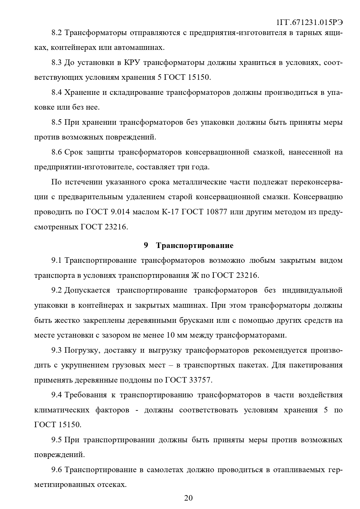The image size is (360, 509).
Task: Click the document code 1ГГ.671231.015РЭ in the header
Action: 310,22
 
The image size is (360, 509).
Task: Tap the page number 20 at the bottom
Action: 188,498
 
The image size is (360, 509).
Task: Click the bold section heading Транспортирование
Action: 195,246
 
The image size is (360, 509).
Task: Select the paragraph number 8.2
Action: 57,32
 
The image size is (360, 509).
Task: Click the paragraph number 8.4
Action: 57,93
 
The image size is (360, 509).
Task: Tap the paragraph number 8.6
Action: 57,152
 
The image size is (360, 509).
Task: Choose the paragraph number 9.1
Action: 57,260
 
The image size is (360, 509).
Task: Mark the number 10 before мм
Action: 170,335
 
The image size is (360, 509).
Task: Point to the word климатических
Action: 62,410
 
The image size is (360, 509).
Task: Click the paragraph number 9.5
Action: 57,440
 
